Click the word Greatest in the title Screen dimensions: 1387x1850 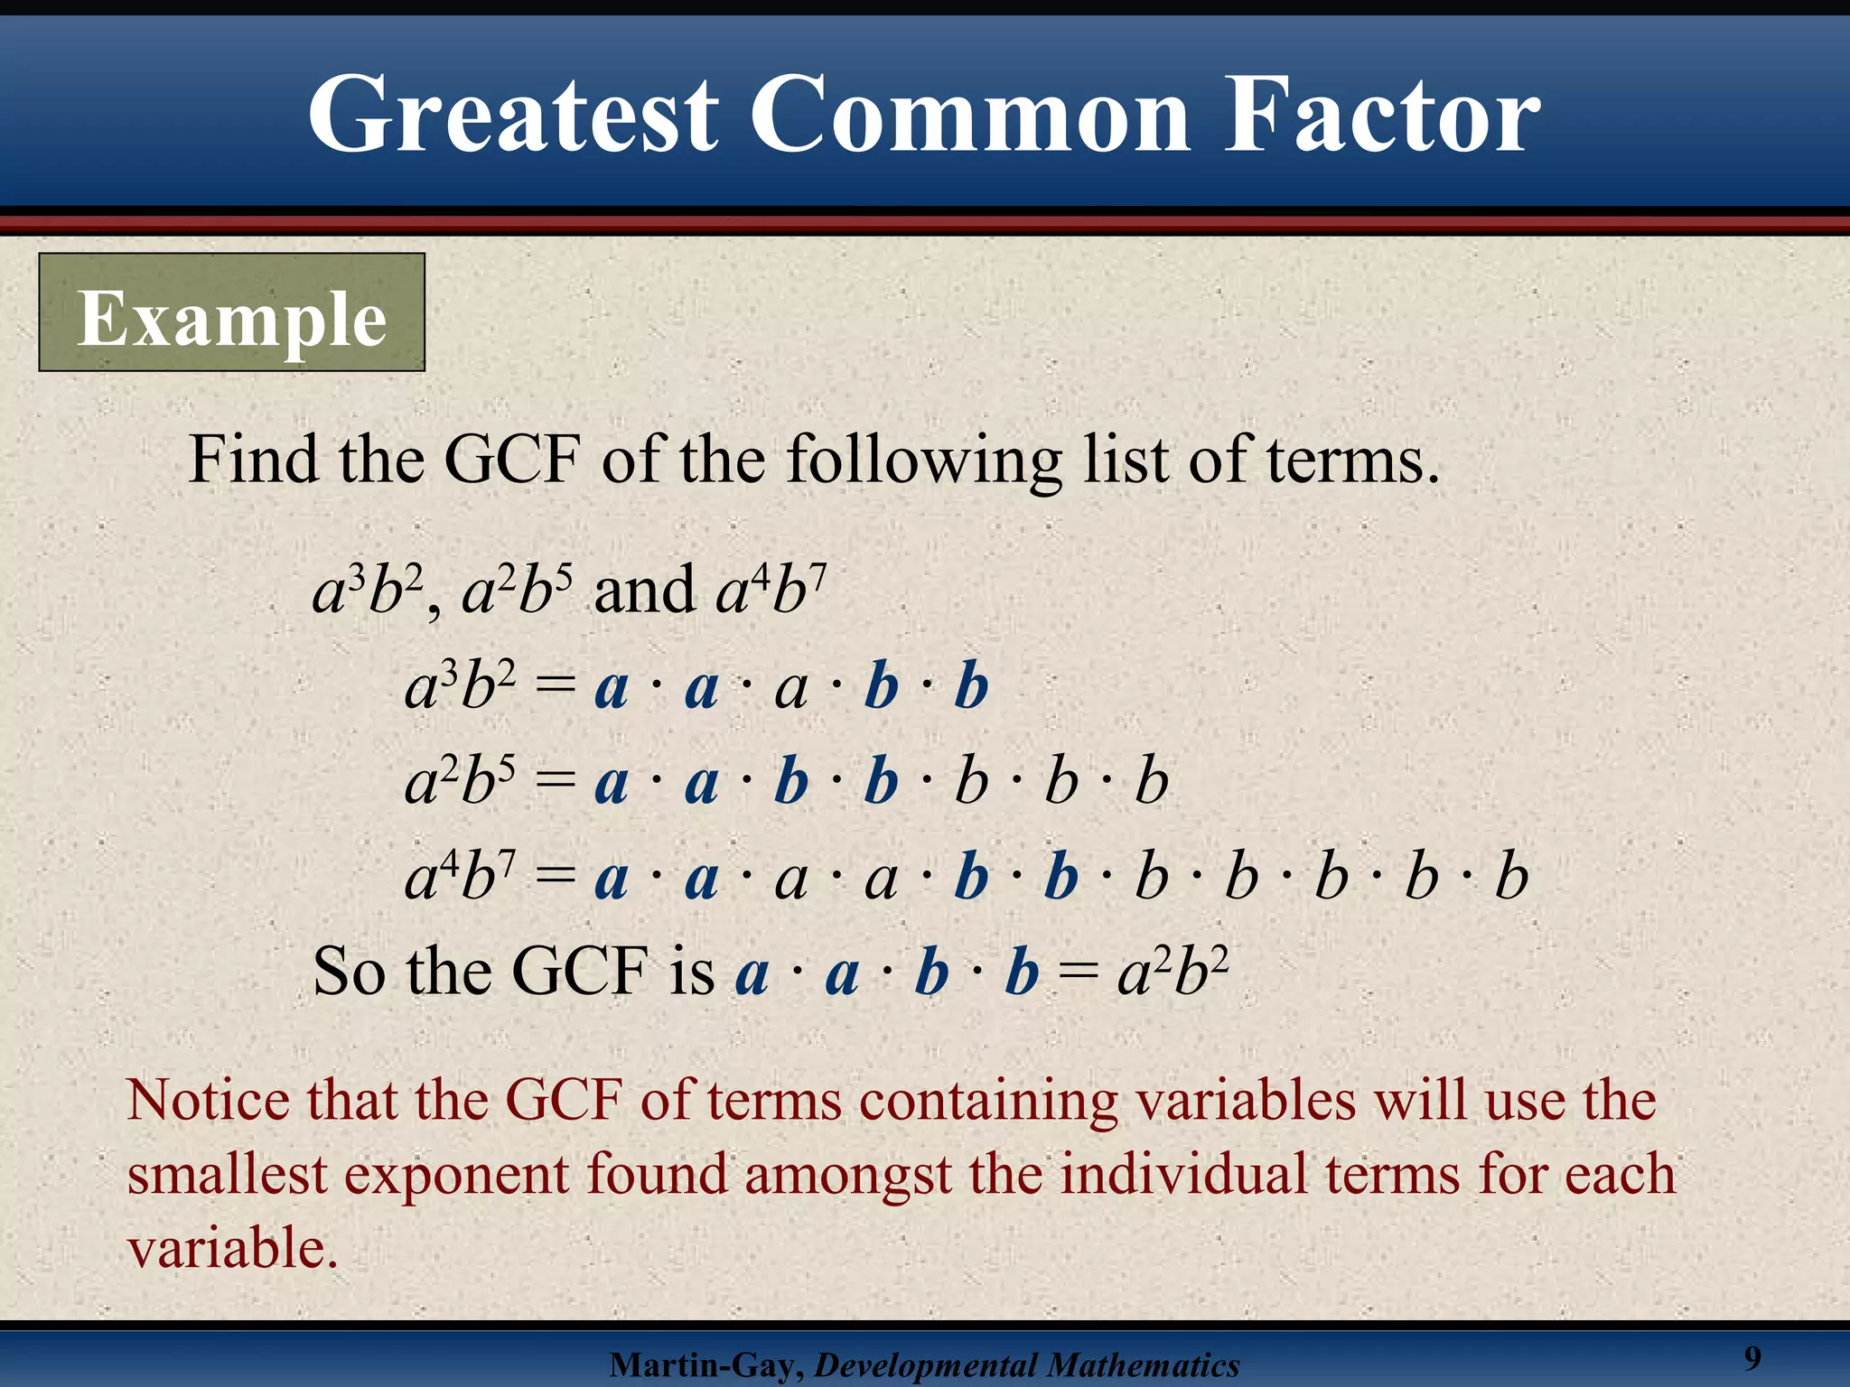[513, 116]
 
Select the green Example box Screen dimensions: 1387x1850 [231, 312]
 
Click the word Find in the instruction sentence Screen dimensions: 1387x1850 [253, 461]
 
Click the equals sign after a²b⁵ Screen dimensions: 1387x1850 [555, 782]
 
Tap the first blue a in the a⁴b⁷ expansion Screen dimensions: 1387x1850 [612, 878]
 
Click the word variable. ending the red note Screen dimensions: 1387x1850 [231, 1250]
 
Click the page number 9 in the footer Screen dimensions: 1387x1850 [1752, 1357]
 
